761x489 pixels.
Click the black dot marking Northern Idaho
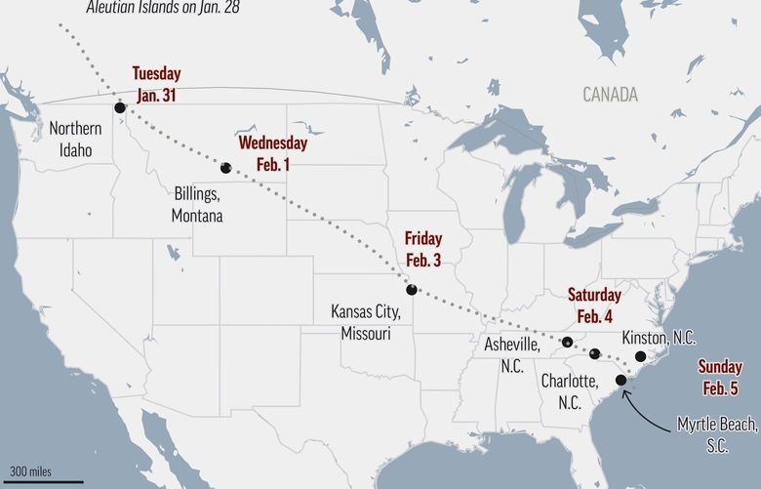tap(120, 108)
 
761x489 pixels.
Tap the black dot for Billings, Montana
tap(226, 168)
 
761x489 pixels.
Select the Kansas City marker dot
tap(412, 289)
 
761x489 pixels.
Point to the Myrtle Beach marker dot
tap(621, 380)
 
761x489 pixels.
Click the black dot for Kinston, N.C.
tap(640, 356)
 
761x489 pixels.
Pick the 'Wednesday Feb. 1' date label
tap(273, 153)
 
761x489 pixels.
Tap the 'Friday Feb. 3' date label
tap(423, 248)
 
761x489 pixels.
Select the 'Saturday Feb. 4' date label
tap(594, 305)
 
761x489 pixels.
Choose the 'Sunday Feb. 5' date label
tap(720, 376)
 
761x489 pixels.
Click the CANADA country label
tap(611, 95)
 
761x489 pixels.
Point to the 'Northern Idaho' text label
tap(75, 140)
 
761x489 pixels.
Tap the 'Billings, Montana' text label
tap(198, 204)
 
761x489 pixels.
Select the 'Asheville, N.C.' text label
tap(512, 353)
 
